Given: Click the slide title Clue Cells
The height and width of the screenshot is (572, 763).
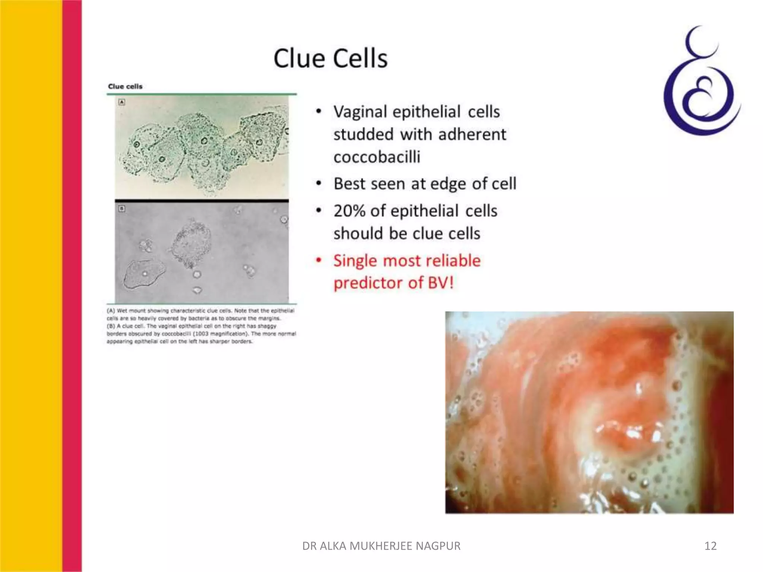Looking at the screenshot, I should (x=330, y=58).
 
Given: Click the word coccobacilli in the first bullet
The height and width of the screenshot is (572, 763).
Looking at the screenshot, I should (x=377, y=157).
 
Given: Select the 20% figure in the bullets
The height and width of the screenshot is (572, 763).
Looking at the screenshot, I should (x=349, y=211).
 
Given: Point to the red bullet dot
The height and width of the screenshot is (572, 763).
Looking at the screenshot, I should (x=319, y=260).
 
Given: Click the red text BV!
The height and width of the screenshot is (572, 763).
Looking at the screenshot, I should (x=441, y=283).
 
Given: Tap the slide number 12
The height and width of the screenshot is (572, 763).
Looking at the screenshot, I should (x=710, y=546).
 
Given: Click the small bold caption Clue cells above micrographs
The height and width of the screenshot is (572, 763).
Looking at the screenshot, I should (x=125, y=86).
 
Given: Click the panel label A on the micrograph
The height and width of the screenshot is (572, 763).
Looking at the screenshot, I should (x=121, y=102).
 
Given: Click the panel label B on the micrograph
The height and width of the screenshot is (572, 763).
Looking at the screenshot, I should (x=121, y=209).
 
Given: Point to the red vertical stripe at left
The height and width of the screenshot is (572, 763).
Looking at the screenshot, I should (x=72, y=286).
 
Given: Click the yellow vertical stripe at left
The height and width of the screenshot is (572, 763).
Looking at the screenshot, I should (x=31, y=286).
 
